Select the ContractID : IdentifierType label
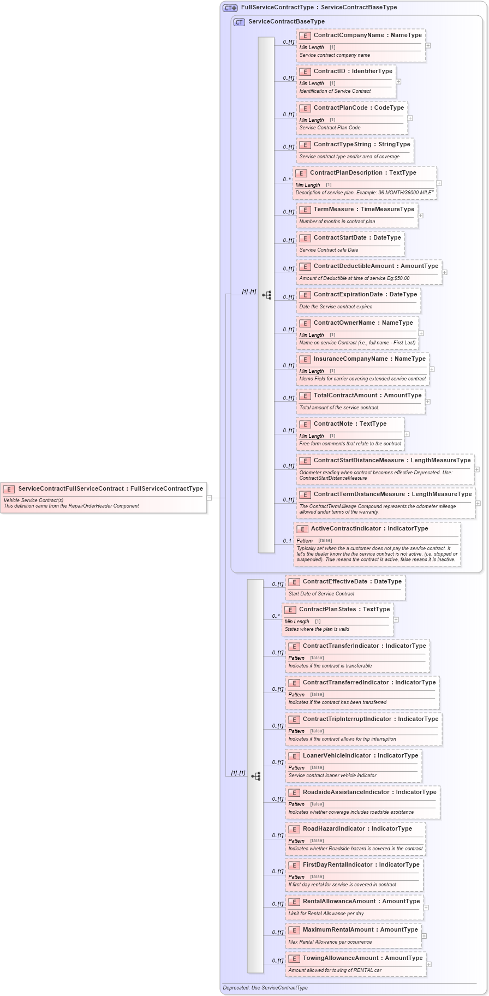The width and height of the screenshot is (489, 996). click(353, 71)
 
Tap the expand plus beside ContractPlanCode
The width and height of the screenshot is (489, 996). click(410, 118)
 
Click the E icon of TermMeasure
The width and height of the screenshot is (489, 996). click(305, 210)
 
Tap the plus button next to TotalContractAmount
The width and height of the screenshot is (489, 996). click(428, 402)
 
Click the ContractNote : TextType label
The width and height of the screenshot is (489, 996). click(350, 424)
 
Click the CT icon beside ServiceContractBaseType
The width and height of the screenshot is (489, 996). click(239, 22)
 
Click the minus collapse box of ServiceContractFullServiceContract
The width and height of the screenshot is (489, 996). click(209, 498)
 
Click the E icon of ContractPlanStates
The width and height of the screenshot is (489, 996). click(290, 610)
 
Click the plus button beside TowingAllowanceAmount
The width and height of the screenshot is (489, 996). click(429, 964)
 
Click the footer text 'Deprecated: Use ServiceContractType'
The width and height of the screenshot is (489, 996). click(265, 988)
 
